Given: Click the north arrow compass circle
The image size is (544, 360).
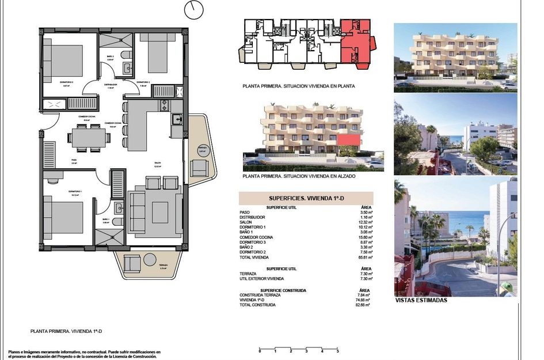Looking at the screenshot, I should pos(194,9).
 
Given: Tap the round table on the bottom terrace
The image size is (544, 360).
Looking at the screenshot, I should pos(150,260).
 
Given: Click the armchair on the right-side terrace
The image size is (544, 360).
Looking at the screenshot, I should pos(199,168).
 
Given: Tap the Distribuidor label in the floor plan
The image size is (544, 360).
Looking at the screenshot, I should pos(112,85).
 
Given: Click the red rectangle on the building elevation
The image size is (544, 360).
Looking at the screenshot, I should pos(349,140).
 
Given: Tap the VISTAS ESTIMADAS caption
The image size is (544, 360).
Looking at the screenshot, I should pos(421,300).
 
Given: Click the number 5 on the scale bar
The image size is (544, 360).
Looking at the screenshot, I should pos(337,351).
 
